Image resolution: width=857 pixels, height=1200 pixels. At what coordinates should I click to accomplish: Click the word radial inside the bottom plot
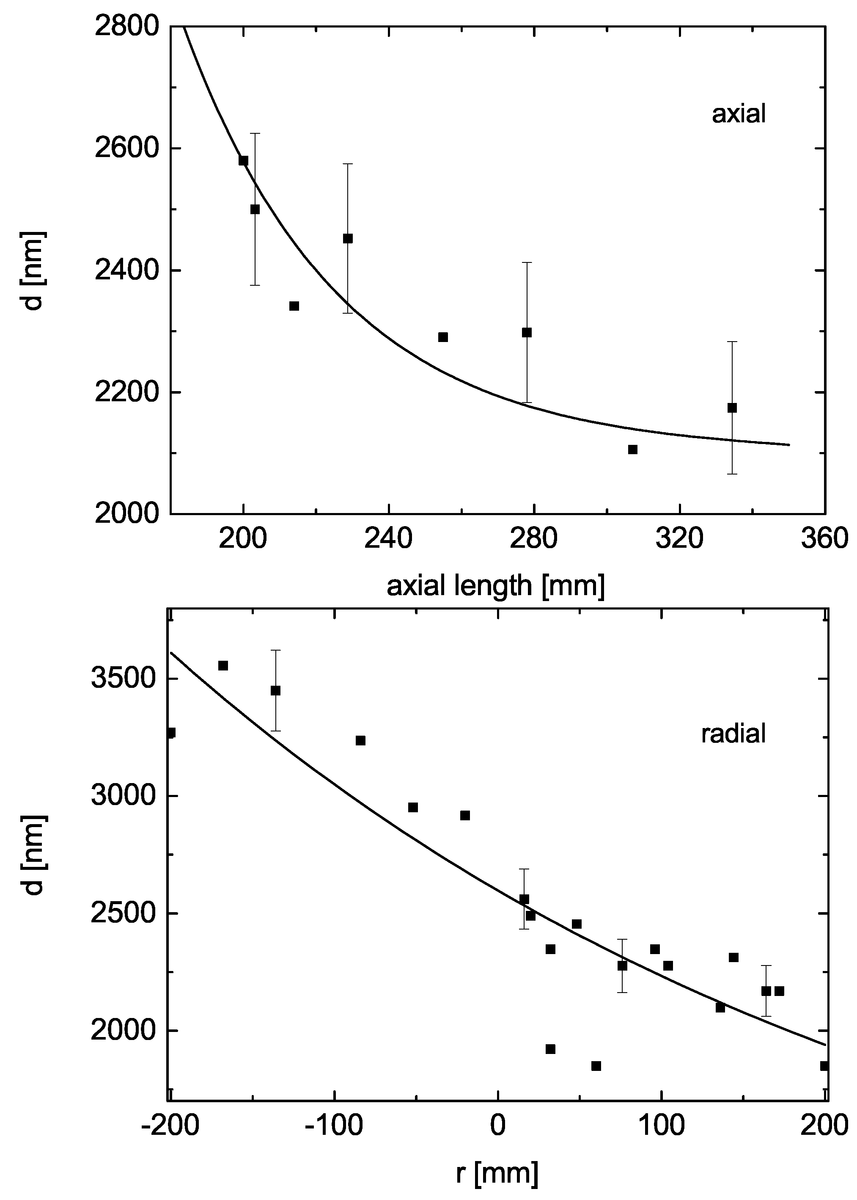pos(733,734)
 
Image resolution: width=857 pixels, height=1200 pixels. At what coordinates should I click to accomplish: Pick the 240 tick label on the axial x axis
pos(388,540)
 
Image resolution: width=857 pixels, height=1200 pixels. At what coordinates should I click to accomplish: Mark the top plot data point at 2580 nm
pos(243,160)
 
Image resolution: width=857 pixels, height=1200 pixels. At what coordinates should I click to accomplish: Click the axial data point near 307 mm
pos(633,449)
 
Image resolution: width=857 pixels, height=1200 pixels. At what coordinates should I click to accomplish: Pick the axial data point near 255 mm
pos(443,337)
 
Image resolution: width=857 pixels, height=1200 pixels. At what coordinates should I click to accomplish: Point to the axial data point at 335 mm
pos(732,408)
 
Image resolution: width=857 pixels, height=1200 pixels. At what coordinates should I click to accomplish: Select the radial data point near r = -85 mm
pos(360,741)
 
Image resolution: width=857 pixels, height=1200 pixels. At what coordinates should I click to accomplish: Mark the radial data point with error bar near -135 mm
pos(275,690)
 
